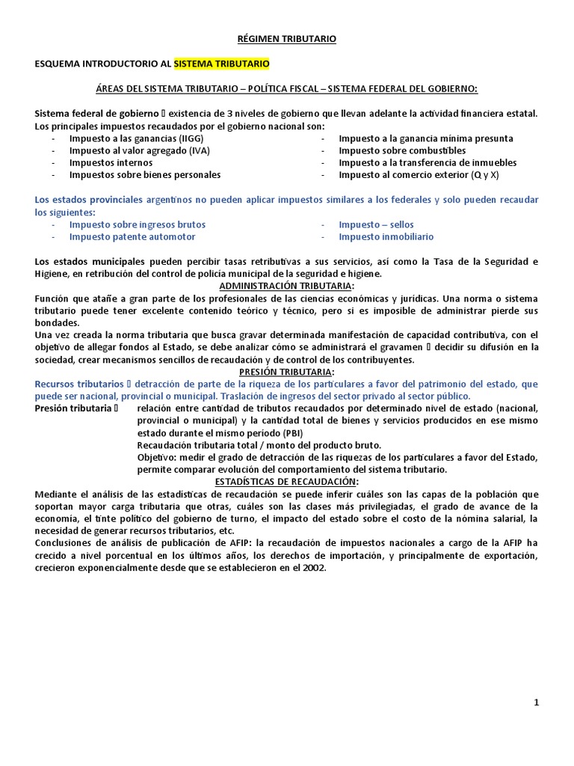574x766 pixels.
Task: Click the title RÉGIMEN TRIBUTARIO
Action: tap(287, 39)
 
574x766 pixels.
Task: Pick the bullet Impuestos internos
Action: tap(111, 162)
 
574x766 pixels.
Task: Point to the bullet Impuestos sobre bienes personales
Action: tap(145, 174)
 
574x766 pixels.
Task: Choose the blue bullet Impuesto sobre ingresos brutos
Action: tap(138, 224)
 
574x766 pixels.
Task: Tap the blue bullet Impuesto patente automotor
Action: tap(132, 236)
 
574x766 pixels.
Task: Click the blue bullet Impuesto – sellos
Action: tap(376, 224)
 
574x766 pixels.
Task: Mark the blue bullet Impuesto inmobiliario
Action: tap(386, 236)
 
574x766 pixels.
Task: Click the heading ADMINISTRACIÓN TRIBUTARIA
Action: tap(287, 286)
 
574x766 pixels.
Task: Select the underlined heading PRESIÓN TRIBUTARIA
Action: tap(287, 372)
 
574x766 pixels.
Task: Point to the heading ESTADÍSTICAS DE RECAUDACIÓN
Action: tap(287, 481)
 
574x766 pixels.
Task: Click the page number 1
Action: tap(536, 702)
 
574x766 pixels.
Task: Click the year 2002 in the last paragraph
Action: tap(314, 567)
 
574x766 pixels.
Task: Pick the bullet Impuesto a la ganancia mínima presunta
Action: tap(426, 138)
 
